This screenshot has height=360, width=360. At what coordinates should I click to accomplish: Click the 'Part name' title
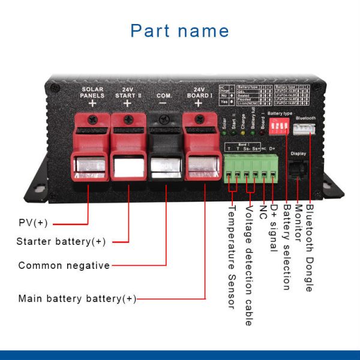[179, 31]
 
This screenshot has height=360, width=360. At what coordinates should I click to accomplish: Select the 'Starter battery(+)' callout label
[61, 242]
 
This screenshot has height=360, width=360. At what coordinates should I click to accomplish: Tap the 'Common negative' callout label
[64, 265]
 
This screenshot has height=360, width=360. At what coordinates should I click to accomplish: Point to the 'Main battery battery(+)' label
[77, 298]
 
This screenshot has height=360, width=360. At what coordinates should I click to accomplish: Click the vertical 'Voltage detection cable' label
[248, 265]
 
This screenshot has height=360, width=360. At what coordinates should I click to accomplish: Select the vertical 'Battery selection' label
[287, 246]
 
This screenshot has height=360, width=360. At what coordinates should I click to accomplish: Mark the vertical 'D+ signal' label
[274, 228]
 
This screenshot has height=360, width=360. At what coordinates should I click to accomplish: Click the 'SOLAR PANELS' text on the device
[93, 92]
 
